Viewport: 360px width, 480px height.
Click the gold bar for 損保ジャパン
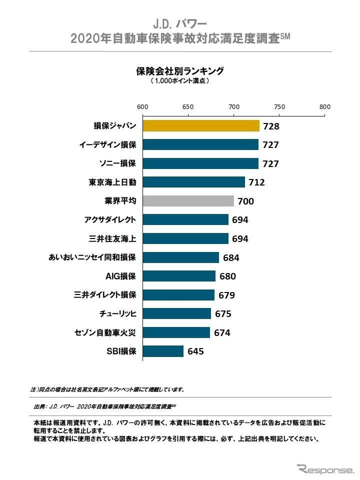pos(201,125)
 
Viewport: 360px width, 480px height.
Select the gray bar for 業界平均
pos(188,201)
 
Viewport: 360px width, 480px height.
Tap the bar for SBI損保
pos(163,351)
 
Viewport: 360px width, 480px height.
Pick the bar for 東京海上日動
pos(193,182)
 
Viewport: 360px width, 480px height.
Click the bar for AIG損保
pos(179,276)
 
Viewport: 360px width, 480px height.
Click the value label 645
pos(195,351)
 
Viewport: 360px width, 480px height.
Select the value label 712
pos(256,182)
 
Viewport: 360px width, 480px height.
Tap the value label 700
pos(245,201)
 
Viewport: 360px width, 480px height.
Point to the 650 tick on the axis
pos(188,106)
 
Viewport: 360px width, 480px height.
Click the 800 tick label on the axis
pos(325,106)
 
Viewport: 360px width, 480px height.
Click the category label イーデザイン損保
pos(107,144)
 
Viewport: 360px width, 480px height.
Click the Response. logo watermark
pos(324,469)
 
